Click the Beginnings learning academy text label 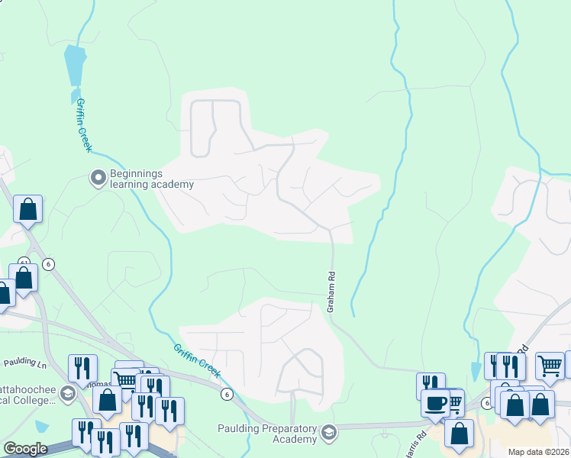coord(151,179)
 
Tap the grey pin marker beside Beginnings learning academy coord(98,178)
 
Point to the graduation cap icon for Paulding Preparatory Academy coord(330,433)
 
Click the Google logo coord(24,449)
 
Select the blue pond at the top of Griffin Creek coord(74,65)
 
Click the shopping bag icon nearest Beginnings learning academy coord(27,209)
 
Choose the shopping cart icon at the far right coord(550,366)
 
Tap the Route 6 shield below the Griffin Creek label coord(226,394)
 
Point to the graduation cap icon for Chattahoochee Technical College coord(66,393)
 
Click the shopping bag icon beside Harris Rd coord(459,432)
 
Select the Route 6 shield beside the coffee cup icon coord(486,403)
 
